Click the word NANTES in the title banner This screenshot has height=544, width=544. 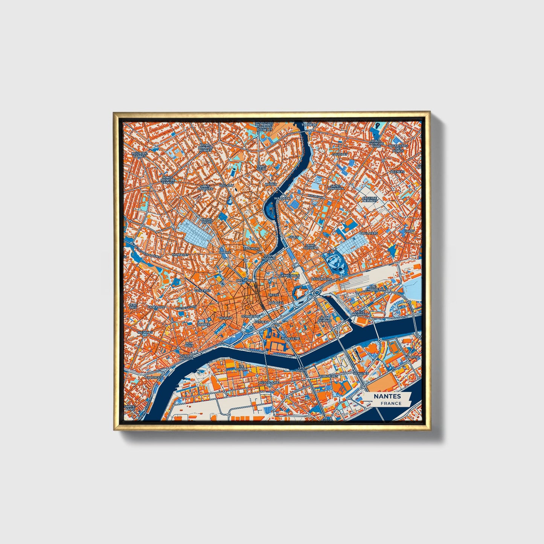coord(387,396)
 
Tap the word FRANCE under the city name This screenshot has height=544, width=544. coord(391,403)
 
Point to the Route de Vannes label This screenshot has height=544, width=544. coord(139,155)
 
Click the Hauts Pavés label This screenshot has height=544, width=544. coord(206,221)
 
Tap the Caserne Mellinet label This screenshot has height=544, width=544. coord(369,199)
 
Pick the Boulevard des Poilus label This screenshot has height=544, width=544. coord(398,148)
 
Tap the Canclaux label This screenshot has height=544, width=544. coord(156,307)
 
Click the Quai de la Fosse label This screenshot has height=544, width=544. coord(186,357)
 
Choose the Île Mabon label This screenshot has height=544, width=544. coord(242,367)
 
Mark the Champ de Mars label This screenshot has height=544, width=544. coord(325,319)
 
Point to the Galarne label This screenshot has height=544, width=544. coord(412,357)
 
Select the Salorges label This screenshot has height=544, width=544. coord(154,377)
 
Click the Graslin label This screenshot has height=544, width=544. coord(226,318)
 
